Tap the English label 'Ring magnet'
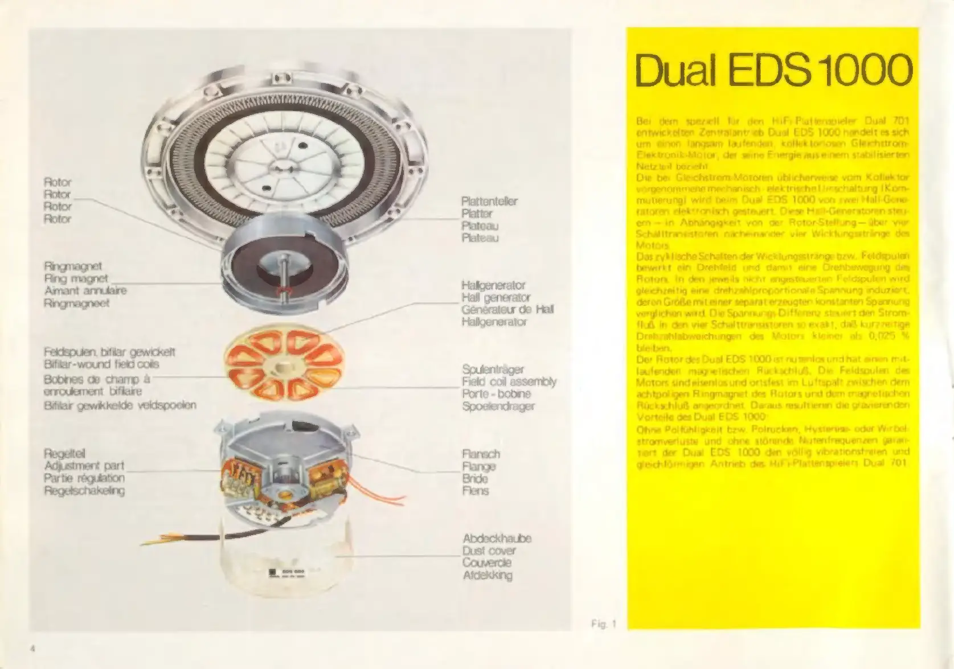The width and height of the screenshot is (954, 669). (76, 278)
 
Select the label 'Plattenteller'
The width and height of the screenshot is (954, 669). (489, 202)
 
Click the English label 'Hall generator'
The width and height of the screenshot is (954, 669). (496, 297)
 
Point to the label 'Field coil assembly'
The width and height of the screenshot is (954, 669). (509, 381)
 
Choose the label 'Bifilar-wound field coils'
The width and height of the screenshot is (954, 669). (101, 364)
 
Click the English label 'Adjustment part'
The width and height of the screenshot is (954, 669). (84, 466)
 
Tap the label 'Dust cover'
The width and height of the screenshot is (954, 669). (489, 551)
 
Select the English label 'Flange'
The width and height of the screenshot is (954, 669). (479, 466)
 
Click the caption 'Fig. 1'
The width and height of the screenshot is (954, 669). (604, 624)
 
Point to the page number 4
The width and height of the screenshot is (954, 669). (34, 649)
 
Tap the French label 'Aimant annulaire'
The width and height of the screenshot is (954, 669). (85, 290)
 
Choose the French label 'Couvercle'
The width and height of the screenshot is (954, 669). (487, 563)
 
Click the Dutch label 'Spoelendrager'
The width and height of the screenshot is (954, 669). (498, 406)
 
